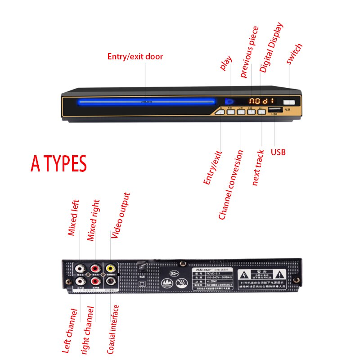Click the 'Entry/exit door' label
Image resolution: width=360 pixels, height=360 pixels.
[135, 57]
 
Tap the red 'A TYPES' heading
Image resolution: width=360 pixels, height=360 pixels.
[58, 164]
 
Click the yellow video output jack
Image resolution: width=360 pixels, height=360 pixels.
[110, 269]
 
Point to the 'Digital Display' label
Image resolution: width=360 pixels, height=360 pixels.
[272, 47]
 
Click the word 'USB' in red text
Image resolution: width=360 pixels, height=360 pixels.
[278, 152]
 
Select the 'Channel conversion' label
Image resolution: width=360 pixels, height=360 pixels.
[230, 185]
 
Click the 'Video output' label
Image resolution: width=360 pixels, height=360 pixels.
[120, 215]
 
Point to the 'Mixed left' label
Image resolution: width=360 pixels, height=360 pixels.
[73, 218]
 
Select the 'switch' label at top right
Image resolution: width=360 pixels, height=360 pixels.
[294, 54]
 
